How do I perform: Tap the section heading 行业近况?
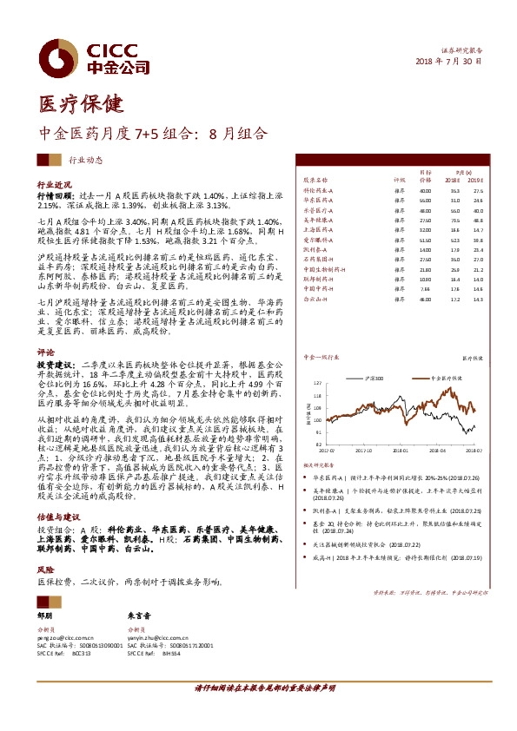tap(54, 186)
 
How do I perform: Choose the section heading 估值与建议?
tap(57, 515)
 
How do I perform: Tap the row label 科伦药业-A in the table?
tap(317, 189)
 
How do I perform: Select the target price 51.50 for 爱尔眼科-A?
tap(425, 240)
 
